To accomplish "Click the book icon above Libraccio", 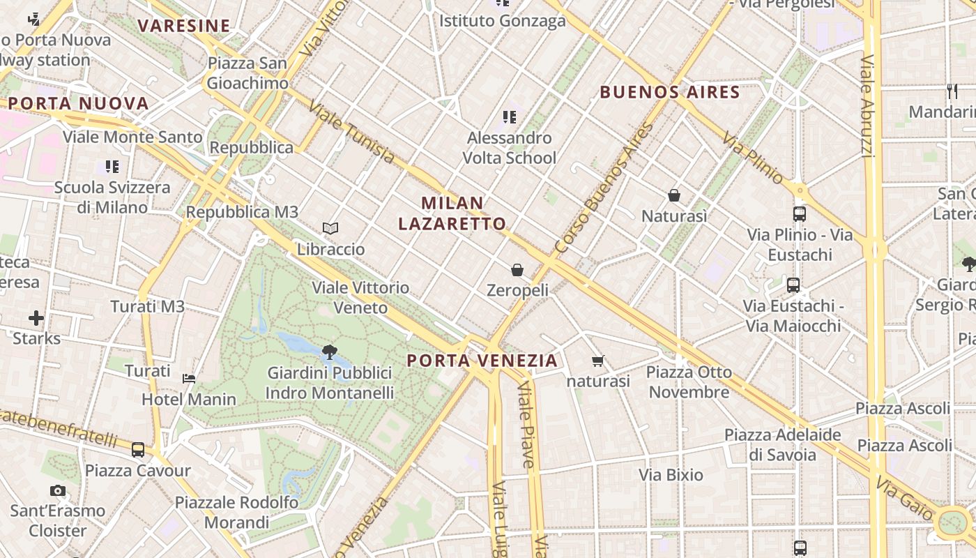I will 330,228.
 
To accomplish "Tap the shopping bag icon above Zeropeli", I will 517,269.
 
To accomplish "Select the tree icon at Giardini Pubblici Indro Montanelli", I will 329,352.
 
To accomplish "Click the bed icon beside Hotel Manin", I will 189,379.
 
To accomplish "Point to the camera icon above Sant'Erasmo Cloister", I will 58,491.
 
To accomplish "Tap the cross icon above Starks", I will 36,319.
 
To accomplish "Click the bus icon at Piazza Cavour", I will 138,450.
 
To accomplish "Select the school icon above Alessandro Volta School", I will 510,117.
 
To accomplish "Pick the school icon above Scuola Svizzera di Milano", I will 112,167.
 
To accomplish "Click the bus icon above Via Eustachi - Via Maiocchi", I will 793,285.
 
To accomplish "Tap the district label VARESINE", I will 184,27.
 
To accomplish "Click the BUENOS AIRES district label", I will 669,92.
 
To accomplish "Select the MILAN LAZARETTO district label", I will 452,213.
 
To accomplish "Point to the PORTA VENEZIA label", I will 482,361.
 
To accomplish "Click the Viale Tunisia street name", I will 351,134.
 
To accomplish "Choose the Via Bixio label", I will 671,475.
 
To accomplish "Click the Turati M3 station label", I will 148,306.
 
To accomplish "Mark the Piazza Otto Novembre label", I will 689,382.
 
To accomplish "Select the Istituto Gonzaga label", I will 502,21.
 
